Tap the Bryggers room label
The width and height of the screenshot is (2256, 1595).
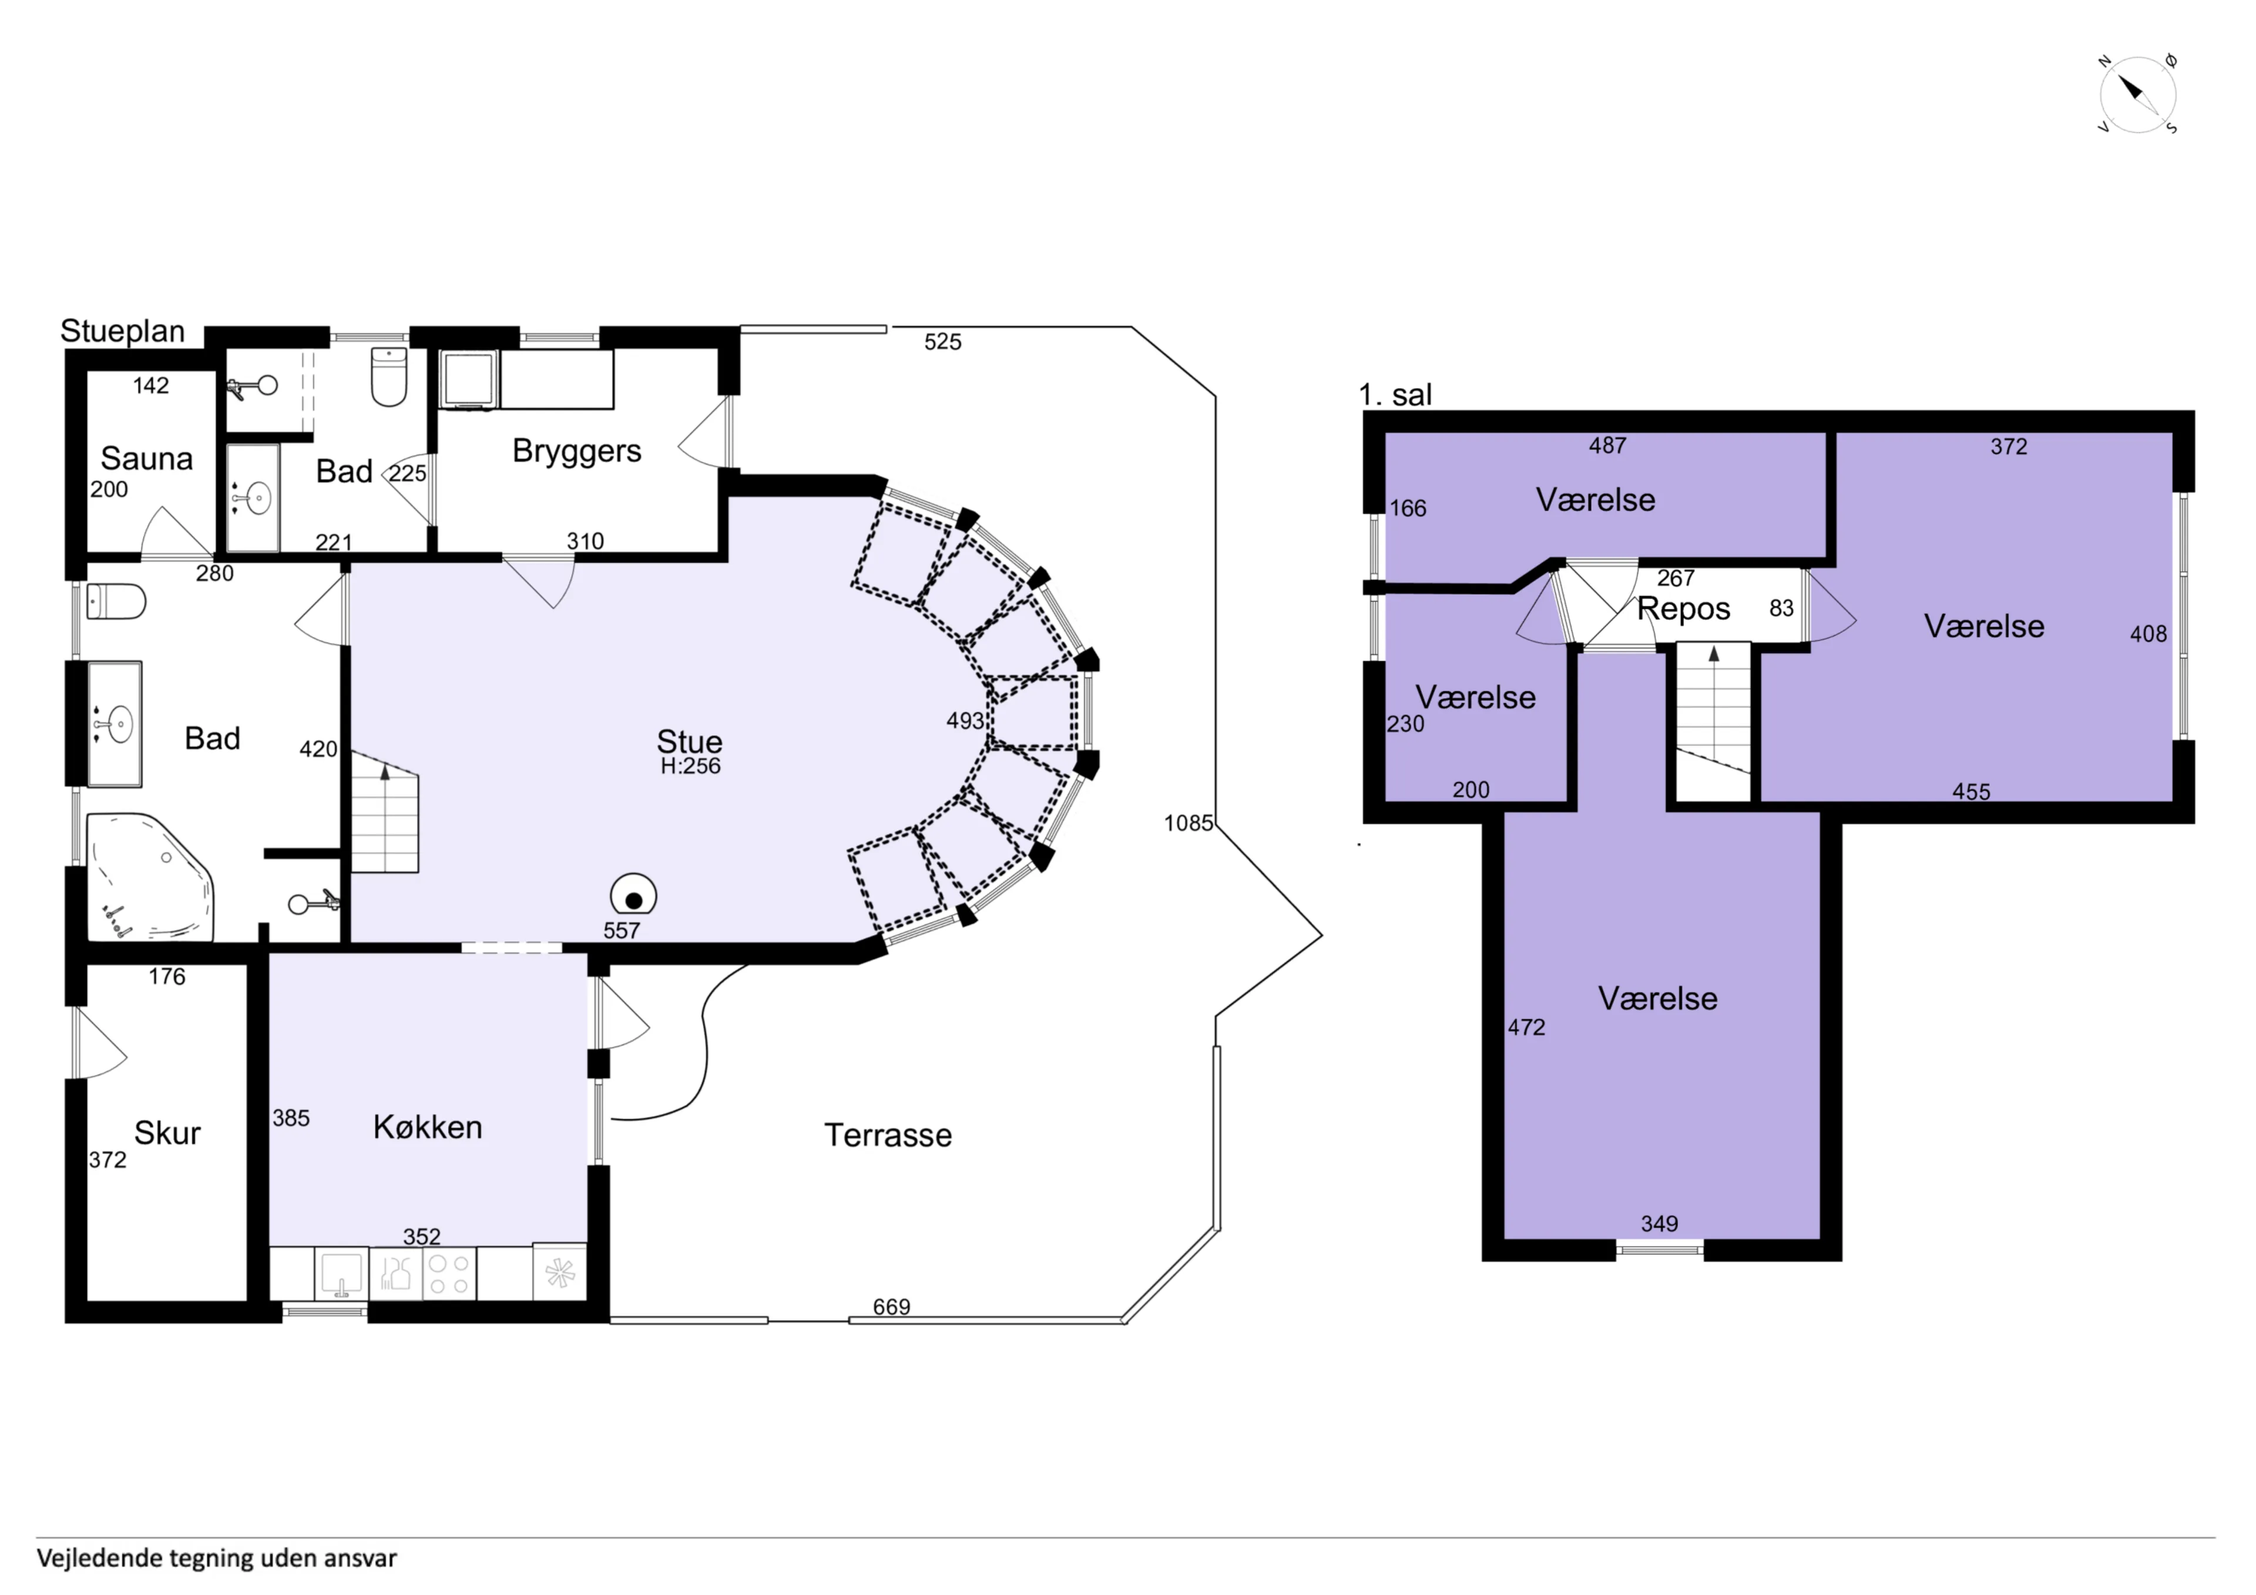577,451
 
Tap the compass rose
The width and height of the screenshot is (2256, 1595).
2138,95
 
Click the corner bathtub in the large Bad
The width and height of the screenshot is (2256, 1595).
149,877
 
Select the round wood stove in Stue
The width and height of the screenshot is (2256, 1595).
634,897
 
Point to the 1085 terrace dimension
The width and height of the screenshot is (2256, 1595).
1189,824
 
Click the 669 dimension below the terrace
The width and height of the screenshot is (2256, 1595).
892,1307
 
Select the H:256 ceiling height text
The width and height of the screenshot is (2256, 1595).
691,767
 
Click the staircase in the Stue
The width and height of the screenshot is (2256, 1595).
385,812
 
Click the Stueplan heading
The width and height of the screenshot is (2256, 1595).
123,331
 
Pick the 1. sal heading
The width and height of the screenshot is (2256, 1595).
1395,395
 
